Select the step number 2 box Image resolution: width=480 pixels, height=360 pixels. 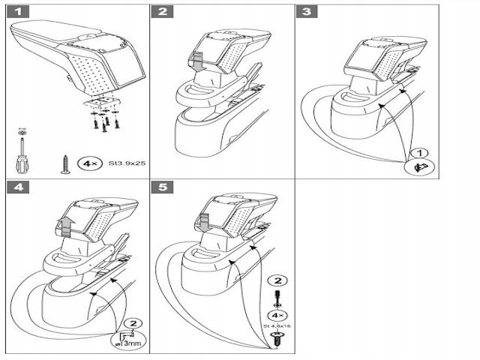[163, 12]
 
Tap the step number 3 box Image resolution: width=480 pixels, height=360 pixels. [305, 12]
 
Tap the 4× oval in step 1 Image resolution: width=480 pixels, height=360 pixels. [88, 160]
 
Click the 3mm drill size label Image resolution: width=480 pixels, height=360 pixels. [130, 343]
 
